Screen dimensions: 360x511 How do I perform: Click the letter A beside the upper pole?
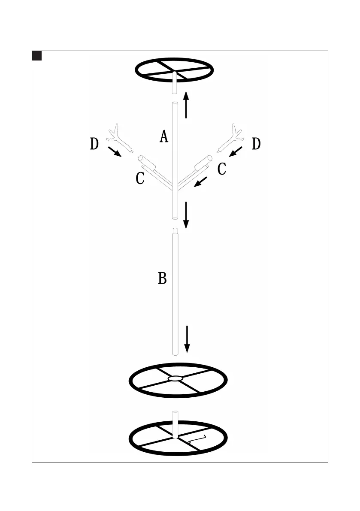click(x=164, y=137)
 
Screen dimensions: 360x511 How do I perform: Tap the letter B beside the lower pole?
click(x=162, y=278)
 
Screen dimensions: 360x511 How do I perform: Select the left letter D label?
click(x=94, y=144)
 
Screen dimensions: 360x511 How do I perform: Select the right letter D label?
click(x=256, y=144)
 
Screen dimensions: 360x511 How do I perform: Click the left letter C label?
click(x=140, y=178)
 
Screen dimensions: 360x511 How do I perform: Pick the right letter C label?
click(x=222, y=169)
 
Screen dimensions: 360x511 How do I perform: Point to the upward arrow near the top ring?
click(x=186, y=104)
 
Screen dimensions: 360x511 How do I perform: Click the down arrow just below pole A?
click(x=186, y=215)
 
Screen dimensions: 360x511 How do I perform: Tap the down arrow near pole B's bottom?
click(x=187, y=339)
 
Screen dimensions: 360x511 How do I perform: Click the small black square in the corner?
click(x=37, y=56)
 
